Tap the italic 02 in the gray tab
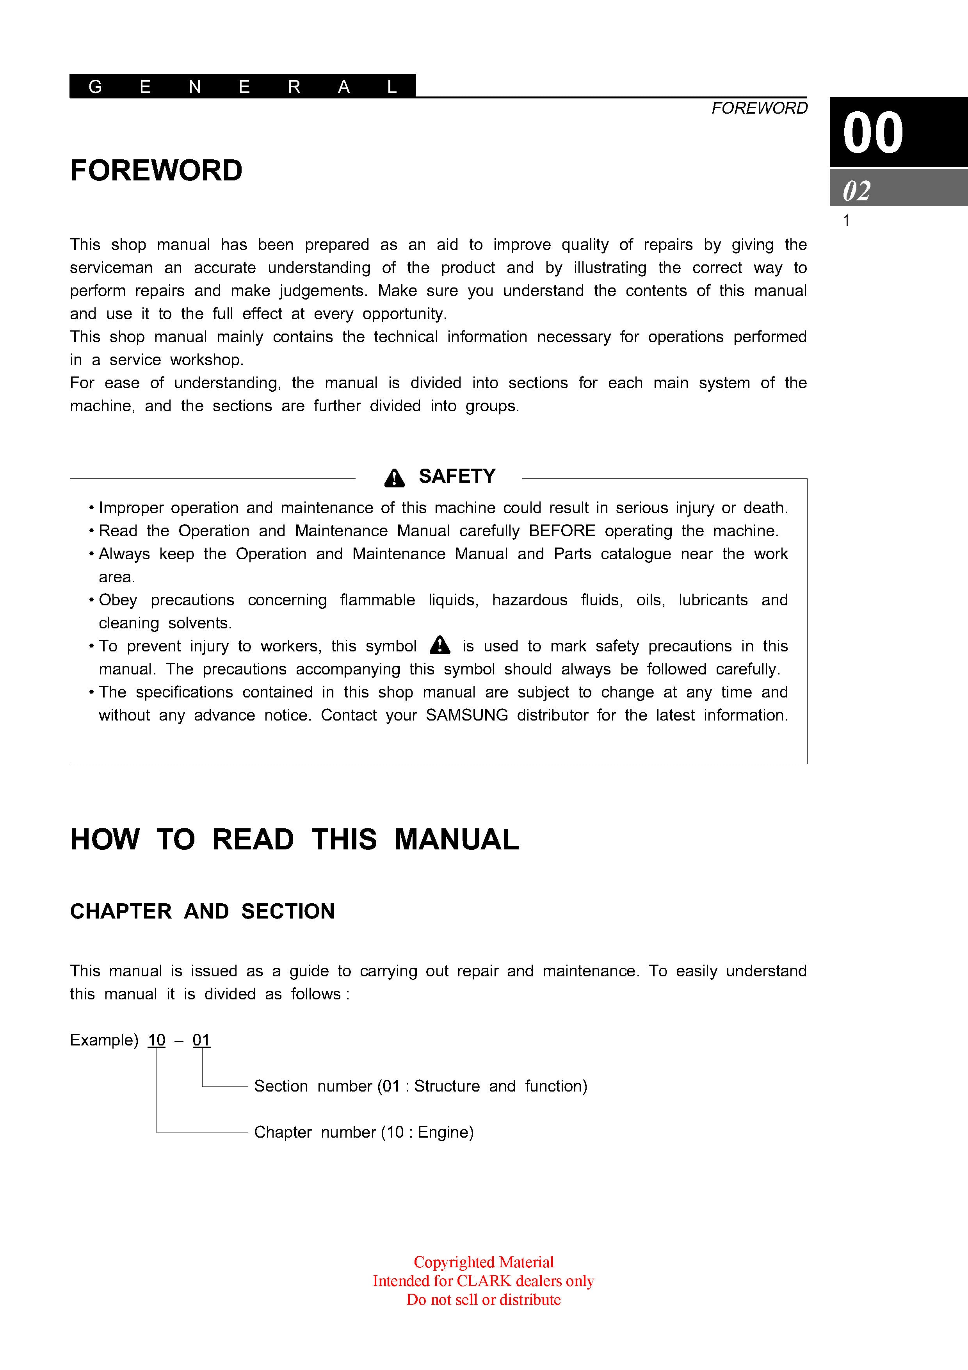[856, 191]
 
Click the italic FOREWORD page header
[759, 108]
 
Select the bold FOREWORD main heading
[156, 171]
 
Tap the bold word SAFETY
[457, 476]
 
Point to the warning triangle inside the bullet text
[440, 645]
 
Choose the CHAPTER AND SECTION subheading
[202, 911]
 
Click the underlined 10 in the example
[156, 1040]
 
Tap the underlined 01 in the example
[201, 1040]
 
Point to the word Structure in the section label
[447, 1086]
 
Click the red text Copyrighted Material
[484, 1262]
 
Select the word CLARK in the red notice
[484, 1281]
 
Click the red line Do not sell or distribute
[484, 1300]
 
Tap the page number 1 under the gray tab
[846, 221]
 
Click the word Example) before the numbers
[104, 1040]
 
